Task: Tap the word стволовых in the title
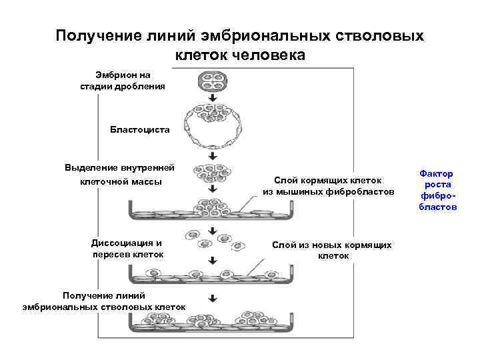(373, 35)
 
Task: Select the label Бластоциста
(140, 129)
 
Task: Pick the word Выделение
(91, 167)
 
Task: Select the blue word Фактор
(436, 173)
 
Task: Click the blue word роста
(437, 185)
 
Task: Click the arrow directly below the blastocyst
(213, 155)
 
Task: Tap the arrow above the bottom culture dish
(213, 298)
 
